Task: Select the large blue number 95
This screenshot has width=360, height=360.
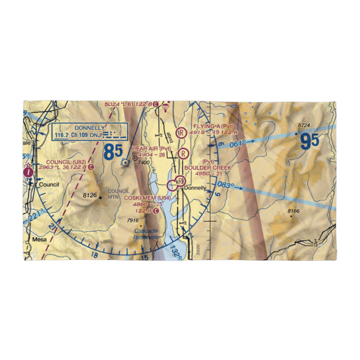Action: [310, 141]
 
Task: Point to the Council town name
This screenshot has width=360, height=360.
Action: [49, 184]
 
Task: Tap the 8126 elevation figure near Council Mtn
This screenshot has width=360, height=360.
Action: [90, 196]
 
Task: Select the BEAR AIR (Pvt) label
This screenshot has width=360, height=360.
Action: [151, 148]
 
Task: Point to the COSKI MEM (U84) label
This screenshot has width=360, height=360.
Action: [145, 198]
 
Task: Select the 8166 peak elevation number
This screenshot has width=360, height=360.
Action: [293, 211]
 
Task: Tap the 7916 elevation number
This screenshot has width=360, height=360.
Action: [133, 220]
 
